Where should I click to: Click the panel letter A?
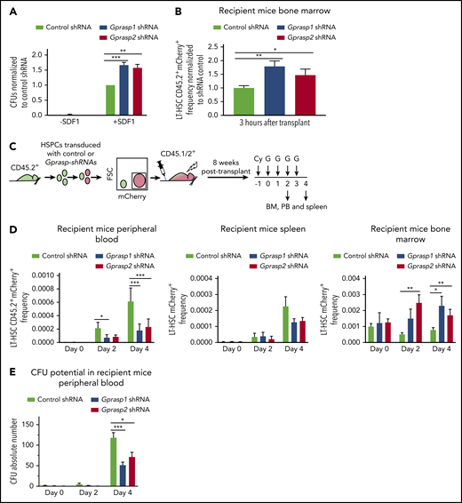tap(8, 8)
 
